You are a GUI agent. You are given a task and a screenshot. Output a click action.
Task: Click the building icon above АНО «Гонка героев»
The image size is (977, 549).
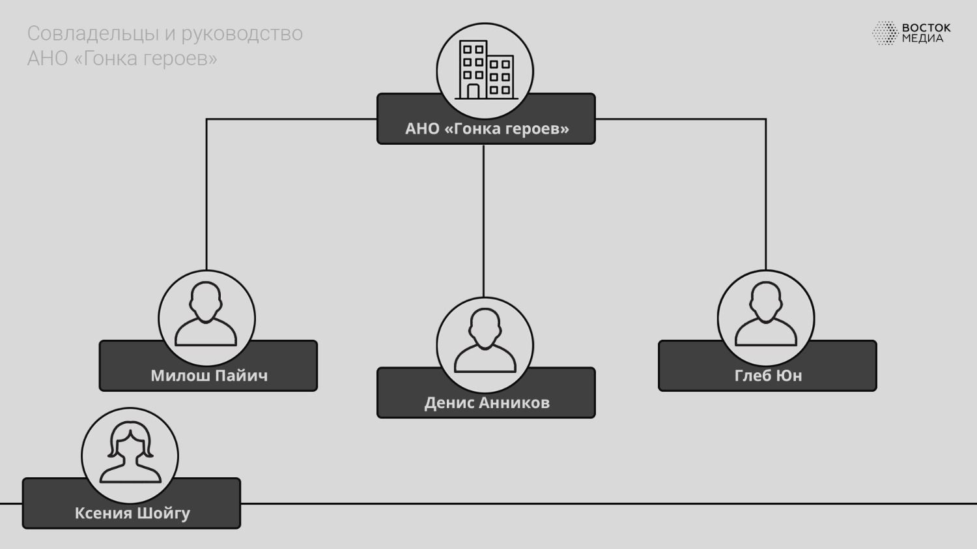point(485,70)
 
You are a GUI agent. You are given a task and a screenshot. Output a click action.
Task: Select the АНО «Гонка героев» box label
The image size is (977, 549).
point(487,128)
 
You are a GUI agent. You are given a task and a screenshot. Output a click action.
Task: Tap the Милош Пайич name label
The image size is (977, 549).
point(209,376)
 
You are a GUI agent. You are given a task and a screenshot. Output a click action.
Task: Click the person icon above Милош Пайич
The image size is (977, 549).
point(206,314)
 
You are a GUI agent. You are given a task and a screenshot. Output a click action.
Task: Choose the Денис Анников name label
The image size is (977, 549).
point(487,403)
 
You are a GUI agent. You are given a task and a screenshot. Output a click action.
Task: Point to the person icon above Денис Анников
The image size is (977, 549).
point(485,341)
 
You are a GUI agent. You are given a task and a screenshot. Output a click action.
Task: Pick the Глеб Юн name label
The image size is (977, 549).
point(768,376)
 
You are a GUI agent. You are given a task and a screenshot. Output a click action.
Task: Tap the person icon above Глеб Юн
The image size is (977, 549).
point(766,314)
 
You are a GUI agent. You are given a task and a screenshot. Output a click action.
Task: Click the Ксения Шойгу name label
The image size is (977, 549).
point(132,513)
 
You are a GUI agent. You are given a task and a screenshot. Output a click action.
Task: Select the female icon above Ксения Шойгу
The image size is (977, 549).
point(130,453)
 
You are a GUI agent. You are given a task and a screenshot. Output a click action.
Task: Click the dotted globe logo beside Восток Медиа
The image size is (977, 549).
point(885,33)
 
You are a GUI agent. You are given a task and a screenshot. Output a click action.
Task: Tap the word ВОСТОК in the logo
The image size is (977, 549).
point(926,28)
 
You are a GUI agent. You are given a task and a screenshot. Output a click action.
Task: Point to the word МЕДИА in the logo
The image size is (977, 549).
point(922,38)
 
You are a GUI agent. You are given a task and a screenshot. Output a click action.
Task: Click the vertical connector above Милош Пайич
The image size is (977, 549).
point(206,196)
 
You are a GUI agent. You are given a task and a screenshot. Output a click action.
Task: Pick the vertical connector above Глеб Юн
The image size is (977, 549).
point(765,196)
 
